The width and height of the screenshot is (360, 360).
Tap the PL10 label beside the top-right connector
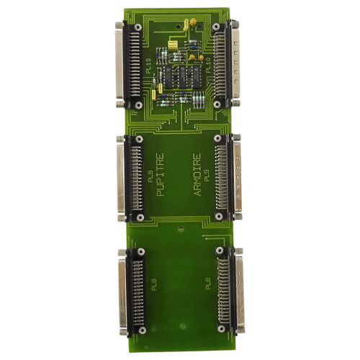tap(210, 68)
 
